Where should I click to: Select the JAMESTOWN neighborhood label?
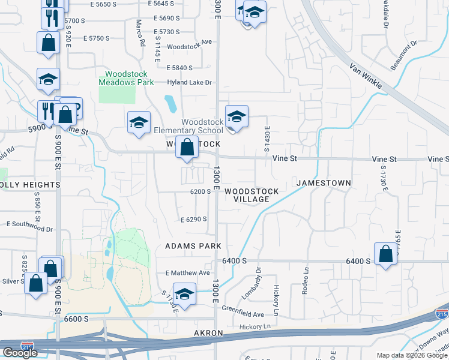tap(323, 182)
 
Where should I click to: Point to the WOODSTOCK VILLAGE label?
tap(252, 195)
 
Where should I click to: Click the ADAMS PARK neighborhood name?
tap(193, 246)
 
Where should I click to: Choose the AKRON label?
tap(208, 333)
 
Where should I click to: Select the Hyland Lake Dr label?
tap(190, 82)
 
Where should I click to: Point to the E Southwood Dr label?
tap(29, 229)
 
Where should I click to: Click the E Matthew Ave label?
tap(188, 272)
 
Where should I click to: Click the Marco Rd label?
tap(140, 34)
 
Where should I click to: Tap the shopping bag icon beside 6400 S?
tap(385, 254)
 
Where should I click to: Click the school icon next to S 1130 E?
tap(185, 294)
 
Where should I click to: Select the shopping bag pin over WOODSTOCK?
tap(187, 147)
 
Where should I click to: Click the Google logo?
tap(20, 353)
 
